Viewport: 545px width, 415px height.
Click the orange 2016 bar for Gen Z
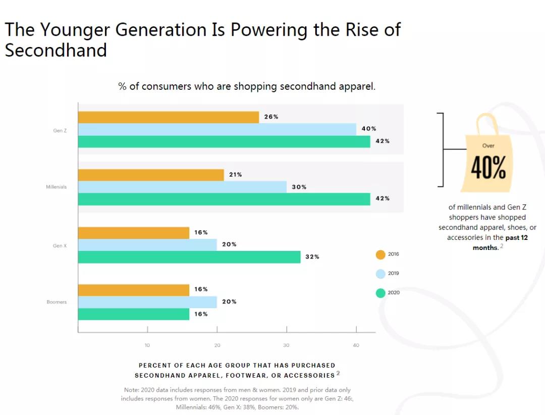pos(168,117)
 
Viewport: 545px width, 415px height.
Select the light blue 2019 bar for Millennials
pos(182,187)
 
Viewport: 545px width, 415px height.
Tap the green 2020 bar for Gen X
pos(189,256)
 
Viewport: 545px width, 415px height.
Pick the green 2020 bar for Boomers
pos(134,314)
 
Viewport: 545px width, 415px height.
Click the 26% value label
pos(271,117)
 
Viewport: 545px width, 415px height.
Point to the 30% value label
pos(299,187)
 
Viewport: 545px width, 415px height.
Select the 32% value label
pos(312,256)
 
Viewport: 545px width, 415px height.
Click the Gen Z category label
pos(60,131)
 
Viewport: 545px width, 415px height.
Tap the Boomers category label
pos(57,302)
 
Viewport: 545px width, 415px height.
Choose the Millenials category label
pos(56,187)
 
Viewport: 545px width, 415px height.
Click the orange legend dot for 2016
pos(380,254)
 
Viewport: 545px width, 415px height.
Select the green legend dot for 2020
pos(380,293)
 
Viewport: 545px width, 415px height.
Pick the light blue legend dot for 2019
pos(380,274)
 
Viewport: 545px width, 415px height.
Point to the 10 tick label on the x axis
pos(147,345)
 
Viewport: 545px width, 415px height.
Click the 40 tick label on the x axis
pos(356,345)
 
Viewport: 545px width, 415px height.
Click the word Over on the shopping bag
pos(488,145)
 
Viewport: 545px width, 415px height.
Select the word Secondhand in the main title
pos(56,50)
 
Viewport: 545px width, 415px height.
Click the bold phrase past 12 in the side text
pos(516,237)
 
